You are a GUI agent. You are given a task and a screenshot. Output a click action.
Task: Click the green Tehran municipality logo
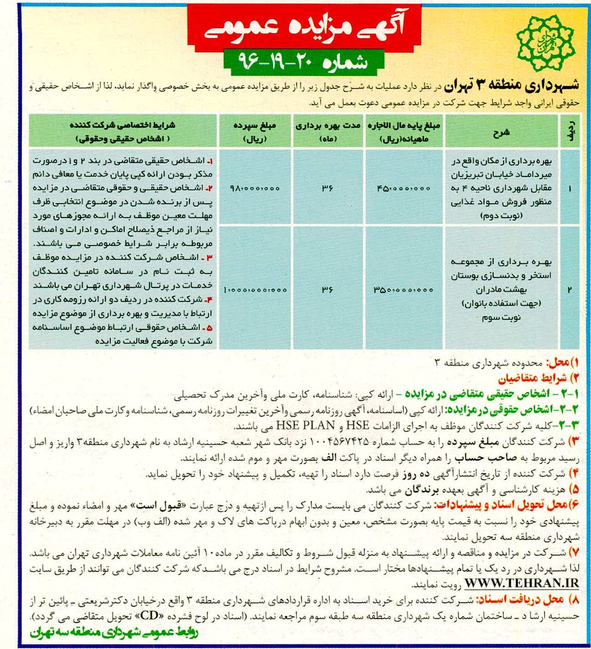point(545,39)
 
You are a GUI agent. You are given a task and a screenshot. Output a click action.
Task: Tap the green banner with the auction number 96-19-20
point(304,62)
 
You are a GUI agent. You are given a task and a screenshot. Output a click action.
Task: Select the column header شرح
point(501,132)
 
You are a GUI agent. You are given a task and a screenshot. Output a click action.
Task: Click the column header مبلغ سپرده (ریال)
point(255,132)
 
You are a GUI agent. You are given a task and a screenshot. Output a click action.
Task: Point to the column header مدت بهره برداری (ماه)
point(328,132)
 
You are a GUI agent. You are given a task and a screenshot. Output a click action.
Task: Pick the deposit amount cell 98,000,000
point(255,188)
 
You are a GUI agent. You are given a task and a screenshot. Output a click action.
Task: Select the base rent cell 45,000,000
point(403,188)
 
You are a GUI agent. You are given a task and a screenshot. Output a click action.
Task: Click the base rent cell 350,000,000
point(403,290)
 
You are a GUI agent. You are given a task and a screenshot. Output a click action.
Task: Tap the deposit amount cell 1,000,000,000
point(255,290)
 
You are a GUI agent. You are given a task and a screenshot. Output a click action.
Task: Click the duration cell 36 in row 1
point(328,188)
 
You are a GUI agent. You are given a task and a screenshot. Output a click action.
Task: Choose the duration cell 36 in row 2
point(328,290)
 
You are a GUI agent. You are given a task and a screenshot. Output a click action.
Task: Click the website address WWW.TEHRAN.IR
point(522,584)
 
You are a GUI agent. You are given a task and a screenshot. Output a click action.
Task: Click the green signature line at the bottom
point(114,633)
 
